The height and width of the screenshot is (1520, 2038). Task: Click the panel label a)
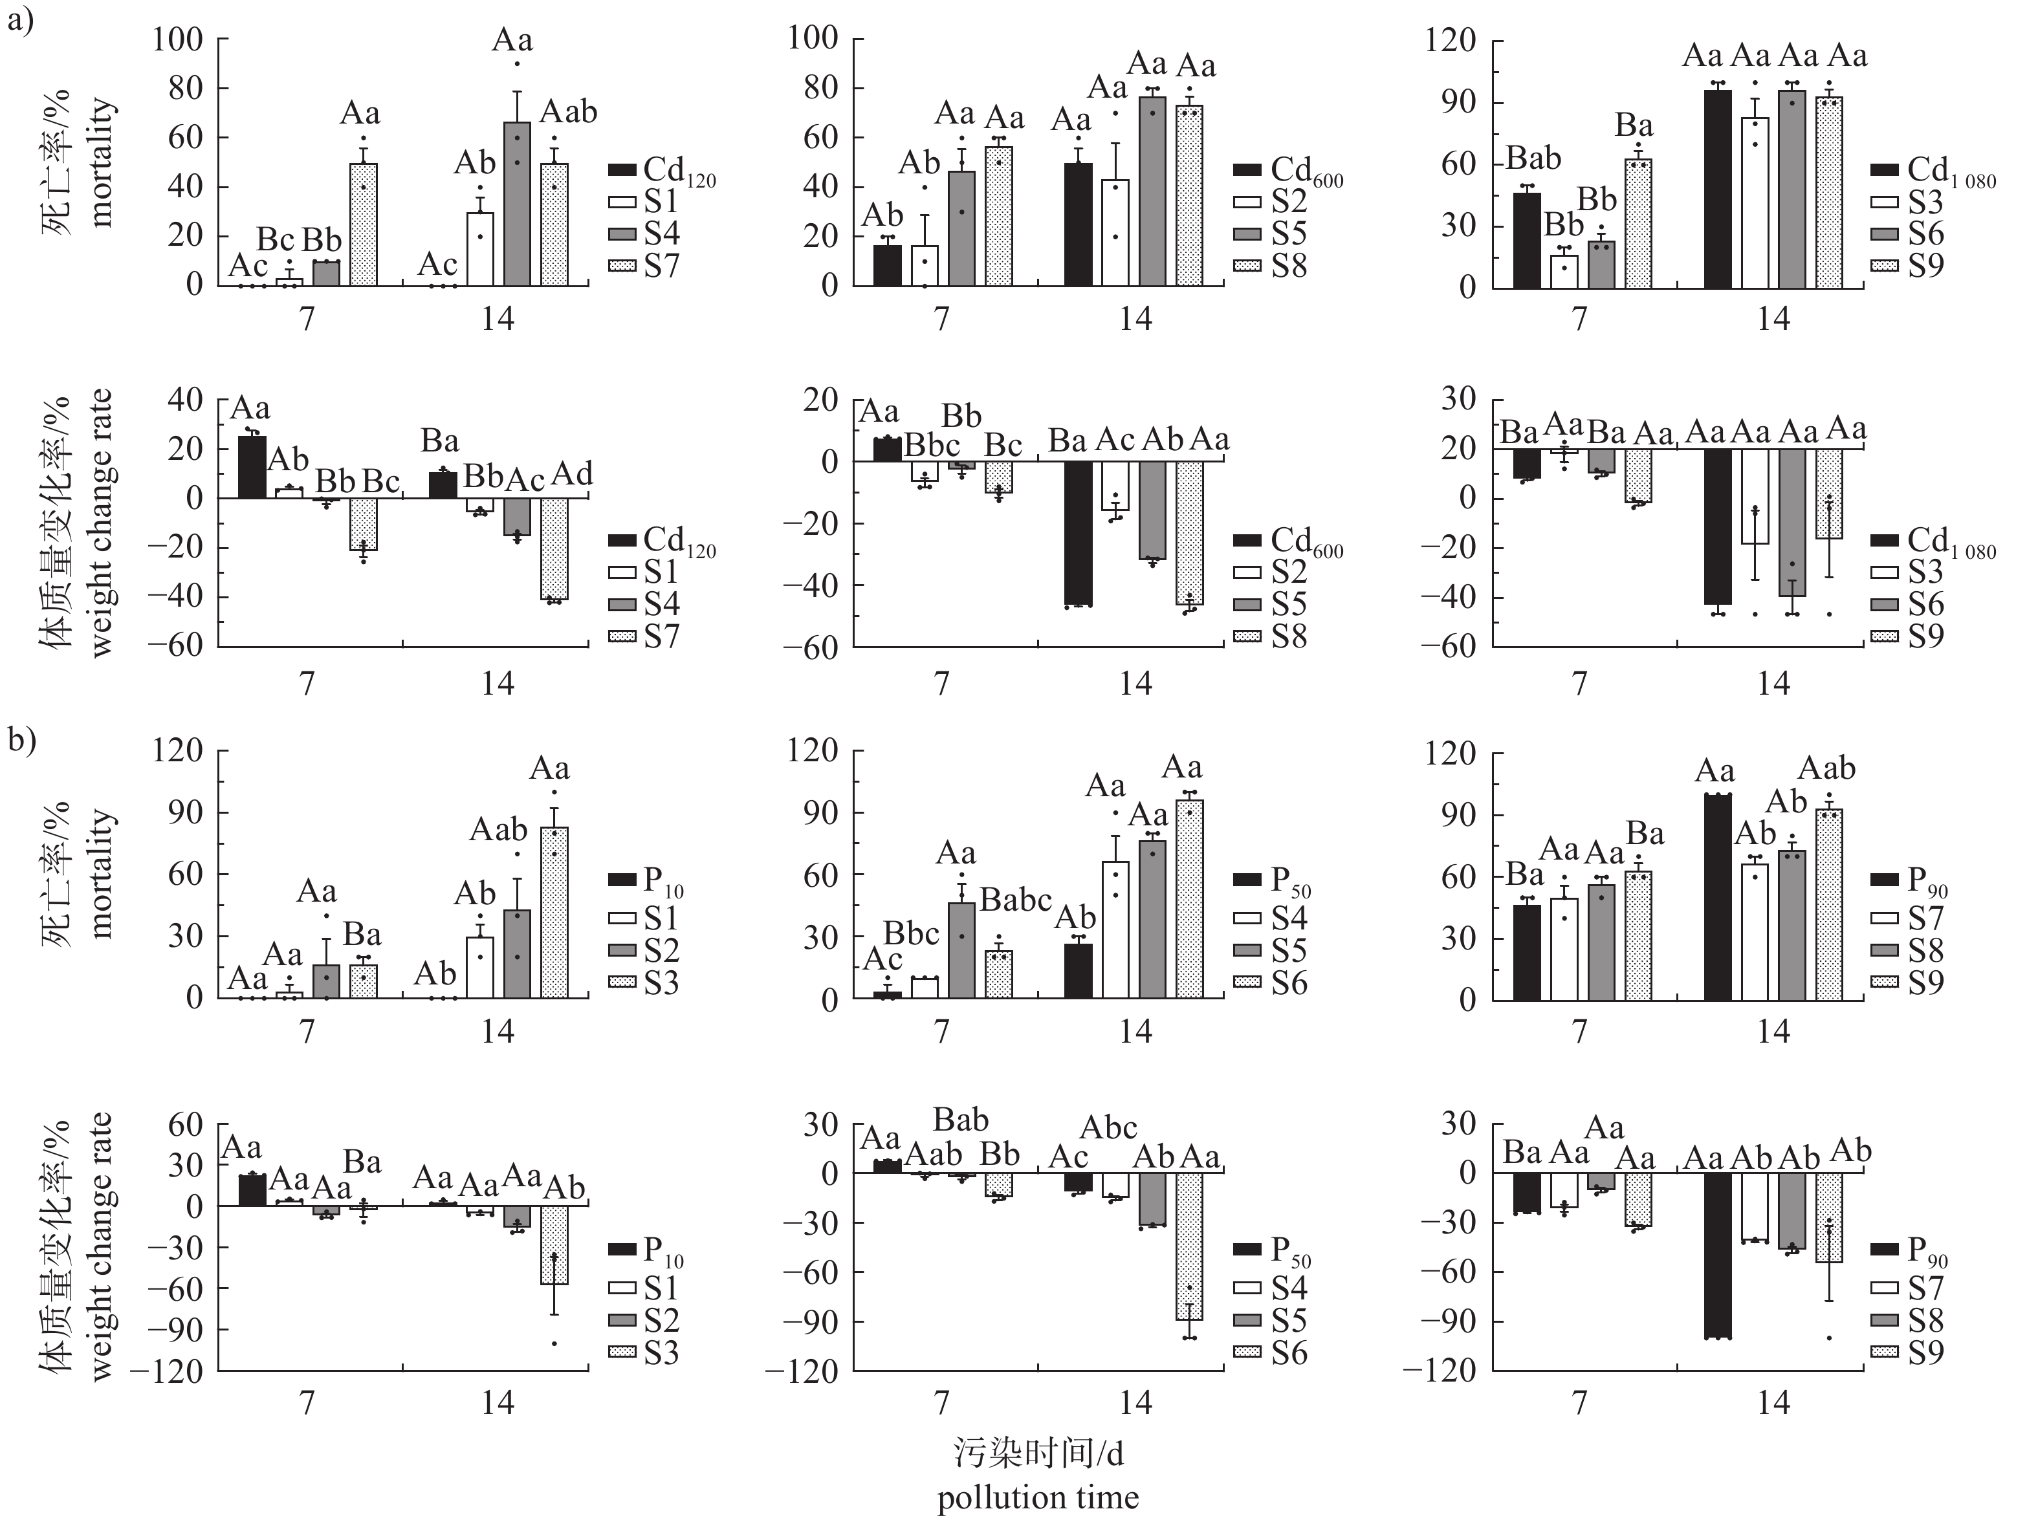[20, 20]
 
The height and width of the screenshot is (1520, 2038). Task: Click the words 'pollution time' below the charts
[1038, 1497]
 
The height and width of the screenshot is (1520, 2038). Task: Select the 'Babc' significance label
[1015, 900]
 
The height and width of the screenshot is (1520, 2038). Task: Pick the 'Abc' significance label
[1109, 1127]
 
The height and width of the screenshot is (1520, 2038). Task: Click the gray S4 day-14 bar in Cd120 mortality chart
[517, 204]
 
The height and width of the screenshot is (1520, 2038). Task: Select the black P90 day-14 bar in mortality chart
[1717, 897]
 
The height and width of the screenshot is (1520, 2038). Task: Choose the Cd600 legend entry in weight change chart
[1288, 540]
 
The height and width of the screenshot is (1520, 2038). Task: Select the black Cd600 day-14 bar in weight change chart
[1079, 534]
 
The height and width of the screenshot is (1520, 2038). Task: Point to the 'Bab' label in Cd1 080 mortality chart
[1533, 158]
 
